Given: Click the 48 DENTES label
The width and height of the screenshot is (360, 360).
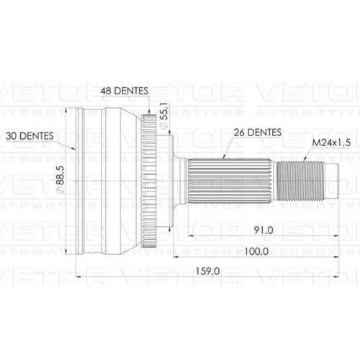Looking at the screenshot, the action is [x=124, y=91].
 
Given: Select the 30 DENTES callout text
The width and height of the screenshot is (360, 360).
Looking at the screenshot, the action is [x=30, y=136].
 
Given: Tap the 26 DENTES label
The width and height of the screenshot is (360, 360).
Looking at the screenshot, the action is [x=258, y=132].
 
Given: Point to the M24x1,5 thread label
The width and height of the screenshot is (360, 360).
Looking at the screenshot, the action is [x=331, y=143].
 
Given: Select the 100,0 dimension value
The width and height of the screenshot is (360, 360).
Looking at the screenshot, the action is [x=256, y=251].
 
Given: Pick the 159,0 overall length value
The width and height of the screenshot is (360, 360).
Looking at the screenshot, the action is [x=207, y=271].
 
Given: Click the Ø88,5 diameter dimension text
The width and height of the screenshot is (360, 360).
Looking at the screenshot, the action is [x=60, y=179].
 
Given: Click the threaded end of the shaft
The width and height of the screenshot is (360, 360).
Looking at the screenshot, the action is [x=300, y=181].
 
